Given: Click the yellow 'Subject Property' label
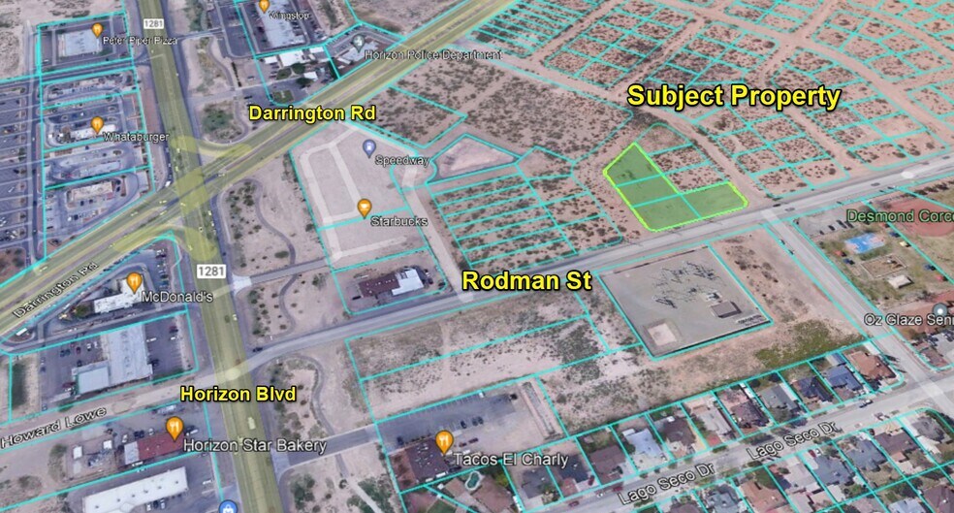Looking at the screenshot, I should coord(733,96).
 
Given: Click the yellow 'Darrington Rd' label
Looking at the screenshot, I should coord(311,113).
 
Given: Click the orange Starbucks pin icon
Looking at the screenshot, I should coord(365,207).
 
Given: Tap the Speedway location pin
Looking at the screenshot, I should coord(368,147).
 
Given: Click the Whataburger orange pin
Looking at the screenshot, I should coord(97,125).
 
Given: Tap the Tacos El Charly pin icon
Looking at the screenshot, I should coord(444,440).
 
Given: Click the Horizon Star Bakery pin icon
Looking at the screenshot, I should coord(175,428).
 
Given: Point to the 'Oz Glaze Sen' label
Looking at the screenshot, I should coord(906,321).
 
